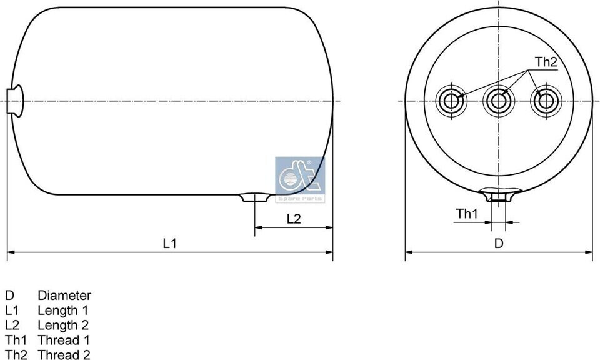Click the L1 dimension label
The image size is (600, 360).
pos(169,243)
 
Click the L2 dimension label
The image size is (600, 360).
pos(294,219)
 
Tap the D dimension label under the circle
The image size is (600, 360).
pos(499,243)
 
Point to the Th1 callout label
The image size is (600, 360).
pos(467,214)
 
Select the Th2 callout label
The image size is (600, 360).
pos(546,62)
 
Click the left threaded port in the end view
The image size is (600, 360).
pos(451,101)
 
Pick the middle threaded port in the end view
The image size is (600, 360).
pos(499,101)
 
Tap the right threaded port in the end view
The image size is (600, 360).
pos(546,101)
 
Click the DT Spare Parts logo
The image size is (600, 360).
pos(300,179)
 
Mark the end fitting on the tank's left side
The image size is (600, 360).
pos(15,101)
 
